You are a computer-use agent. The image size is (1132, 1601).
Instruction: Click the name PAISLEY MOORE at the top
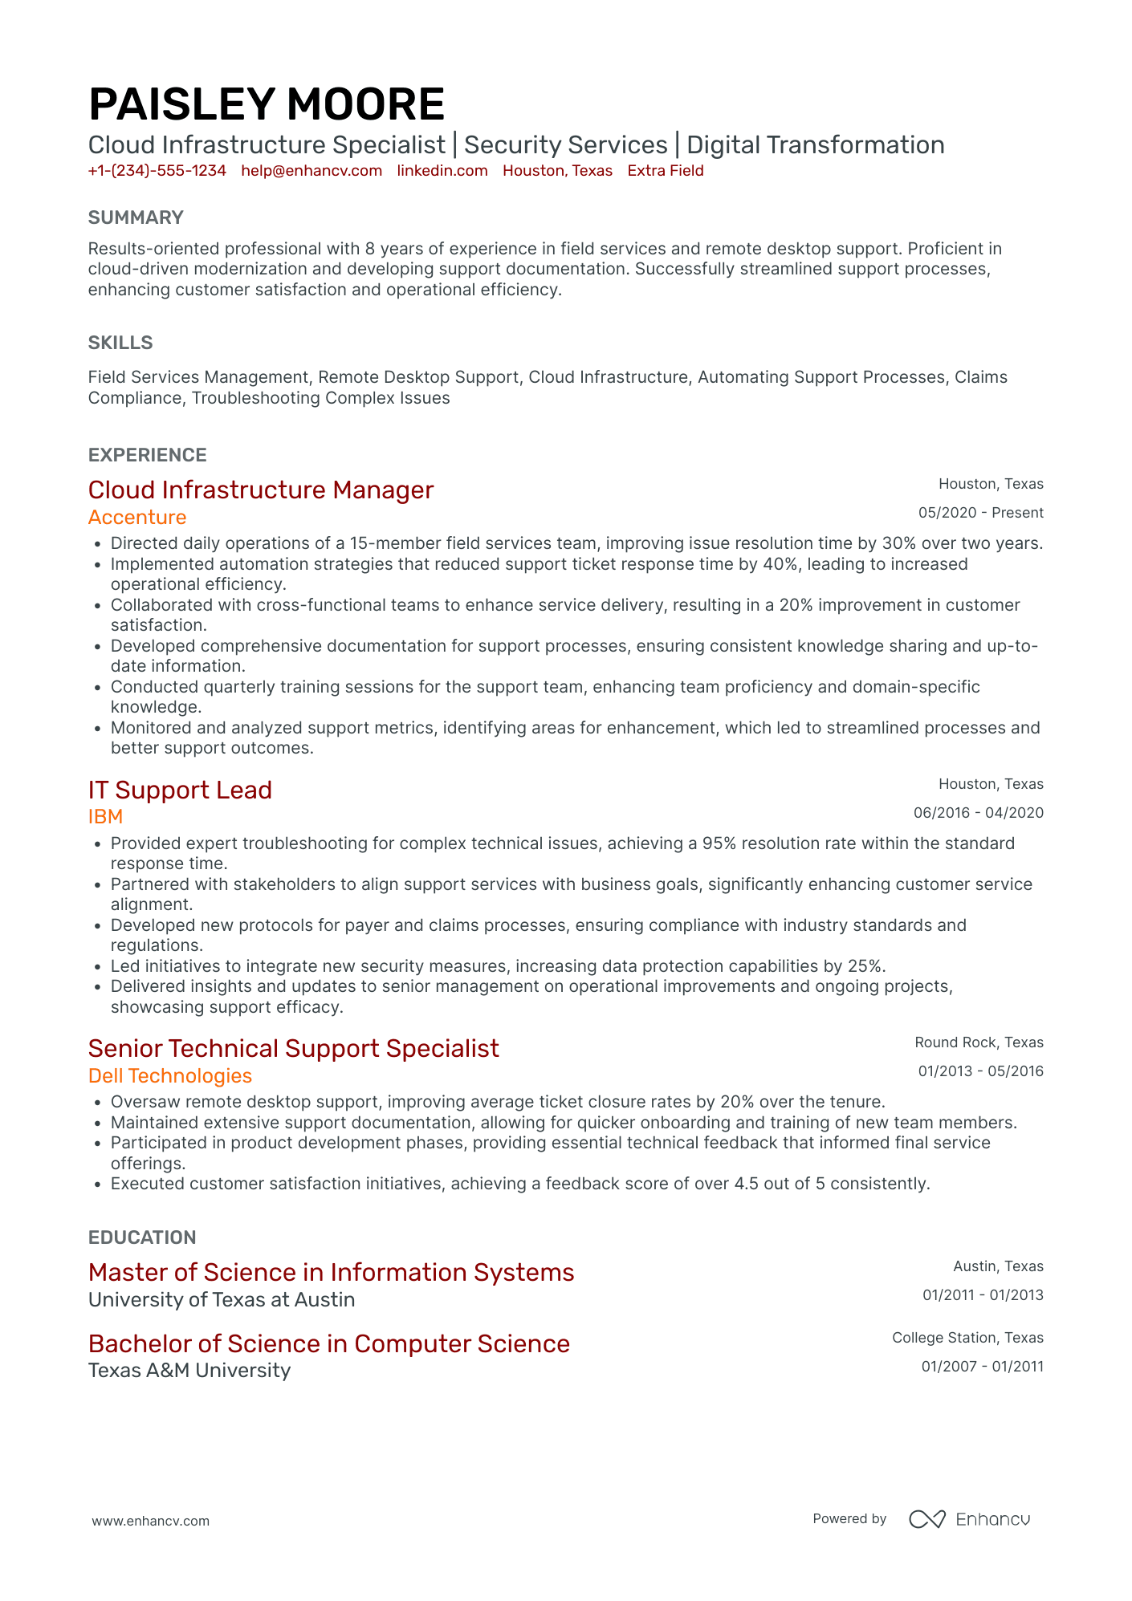[267, 105]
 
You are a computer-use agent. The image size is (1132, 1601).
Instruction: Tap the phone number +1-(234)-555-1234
[157, 171]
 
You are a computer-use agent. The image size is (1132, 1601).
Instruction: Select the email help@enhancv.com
[312, 171]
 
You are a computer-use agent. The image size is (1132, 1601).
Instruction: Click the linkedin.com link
[442, 171]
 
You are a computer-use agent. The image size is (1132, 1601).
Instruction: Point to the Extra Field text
[666, 171]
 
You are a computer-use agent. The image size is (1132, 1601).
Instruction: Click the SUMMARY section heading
[136, 217]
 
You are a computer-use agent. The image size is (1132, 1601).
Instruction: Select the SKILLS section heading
[120, 343]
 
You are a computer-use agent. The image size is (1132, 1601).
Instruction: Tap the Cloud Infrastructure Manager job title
[261, 490]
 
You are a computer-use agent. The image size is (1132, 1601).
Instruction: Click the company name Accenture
[137, 518]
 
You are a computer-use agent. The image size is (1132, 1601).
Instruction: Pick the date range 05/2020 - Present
[980, 513]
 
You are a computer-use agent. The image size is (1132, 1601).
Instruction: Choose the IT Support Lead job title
[180, 790]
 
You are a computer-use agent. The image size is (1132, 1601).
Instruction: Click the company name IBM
[105, 817]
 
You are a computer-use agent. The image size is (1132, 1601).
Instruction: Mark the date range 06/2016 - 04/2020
[978, 813]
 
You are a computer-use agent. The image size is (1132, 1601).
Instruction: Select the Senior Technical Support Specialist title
[294, 1049]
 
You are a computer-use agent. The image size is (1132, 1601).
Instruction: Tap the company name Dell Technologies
[170, 1076]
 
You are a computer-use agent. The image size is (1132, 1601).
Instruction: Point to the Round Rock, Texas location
[979, 1042]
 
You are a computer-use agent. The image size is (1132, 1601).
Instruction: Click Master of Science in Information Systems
[332, 1273]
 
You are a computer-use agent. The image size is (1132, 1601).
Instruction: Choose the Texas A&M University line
[189, 1371]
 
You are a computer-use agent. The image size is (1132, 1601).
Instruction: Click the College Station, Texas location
[967, 1338]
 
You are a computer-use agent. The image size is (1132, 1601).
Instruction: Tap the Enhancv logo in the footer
[969, 1519]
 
